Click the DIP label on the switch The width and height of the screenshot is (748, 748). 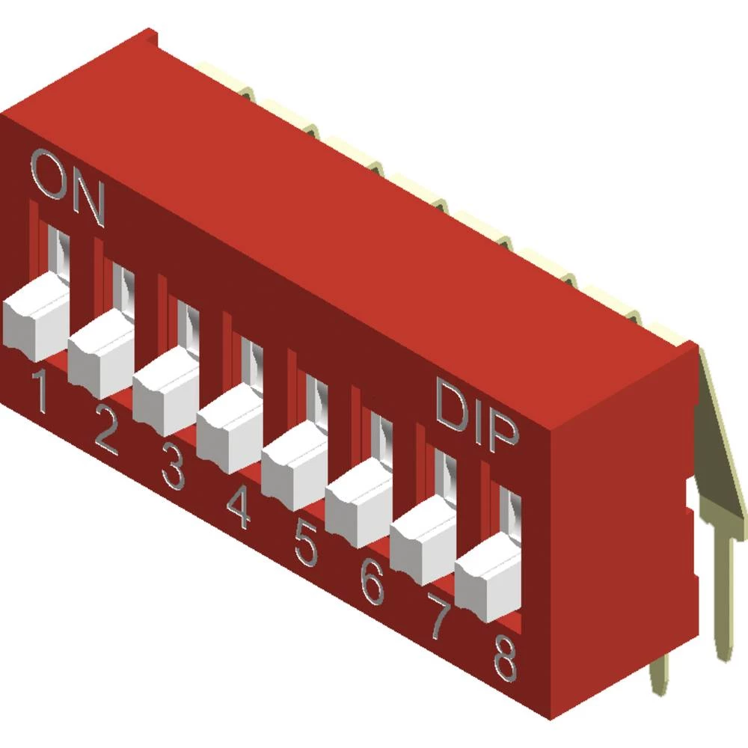coord(477,417)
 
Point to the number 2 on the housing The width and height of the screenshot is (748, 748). coord(106,435)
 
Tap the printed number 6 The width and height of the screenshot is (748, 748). coord(373,581)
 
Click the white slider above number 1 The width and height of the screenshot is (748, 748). coord(35,318)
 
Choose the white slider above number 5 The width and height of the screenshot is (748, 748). coord(295,465)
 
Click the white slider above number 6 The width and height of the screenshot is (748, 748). coord(360,502)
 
